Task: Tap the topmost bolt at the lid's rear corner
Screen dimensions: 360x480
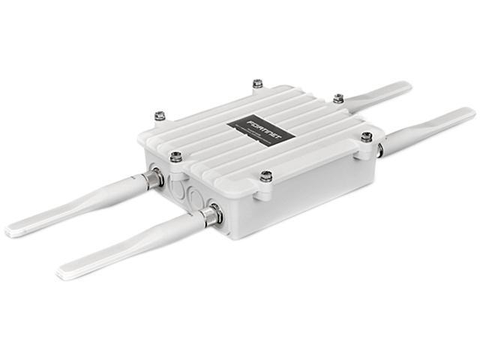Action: coord(258,83)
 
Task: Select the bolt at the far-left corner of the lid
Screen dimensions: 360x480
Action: coord(160,116)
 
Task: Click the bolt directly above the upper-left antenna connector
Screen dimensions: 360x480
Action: coord(175,156)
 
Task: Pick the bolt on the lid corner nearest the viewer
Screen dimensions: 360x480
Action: coord(266,176)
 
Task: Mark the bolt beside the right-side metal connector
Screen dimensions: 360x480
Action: coord(366,137)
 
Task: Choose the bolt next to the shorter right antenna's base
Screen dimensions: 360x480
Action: coord(338,98)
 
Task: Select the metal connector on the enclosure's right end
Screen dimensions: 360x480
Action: coord(380,150)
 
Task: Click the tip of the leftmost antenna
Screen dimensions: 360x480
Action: coord(11,231)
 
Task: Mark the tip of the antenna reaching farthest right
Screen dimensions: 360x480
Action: coord(470,112)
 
